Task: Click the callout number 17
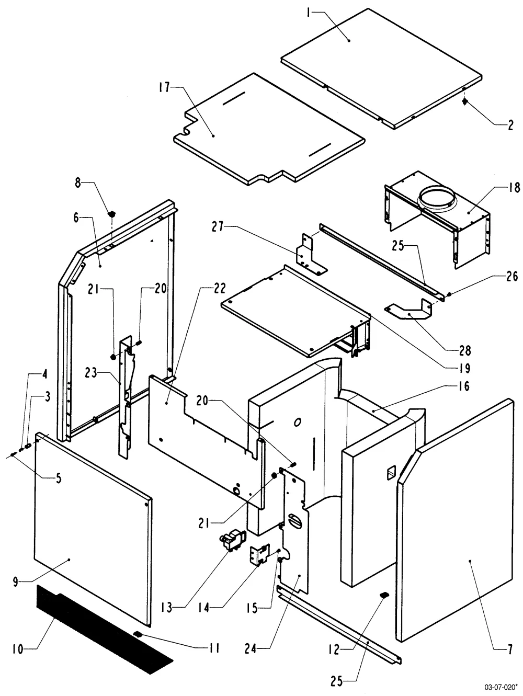(x=164, y=87)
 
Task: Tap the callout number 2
(x=510, y=125)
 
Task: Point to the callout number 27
(x=218, y=227)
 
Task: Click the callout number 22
(x=219, y=288)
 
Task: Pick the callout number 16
(x=464, y=386)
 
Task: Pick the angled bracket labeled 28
(x=410, y=311)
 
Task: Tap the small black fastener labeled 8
(x=111, y=214)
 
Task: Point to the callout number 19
(x=464, y=369)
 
